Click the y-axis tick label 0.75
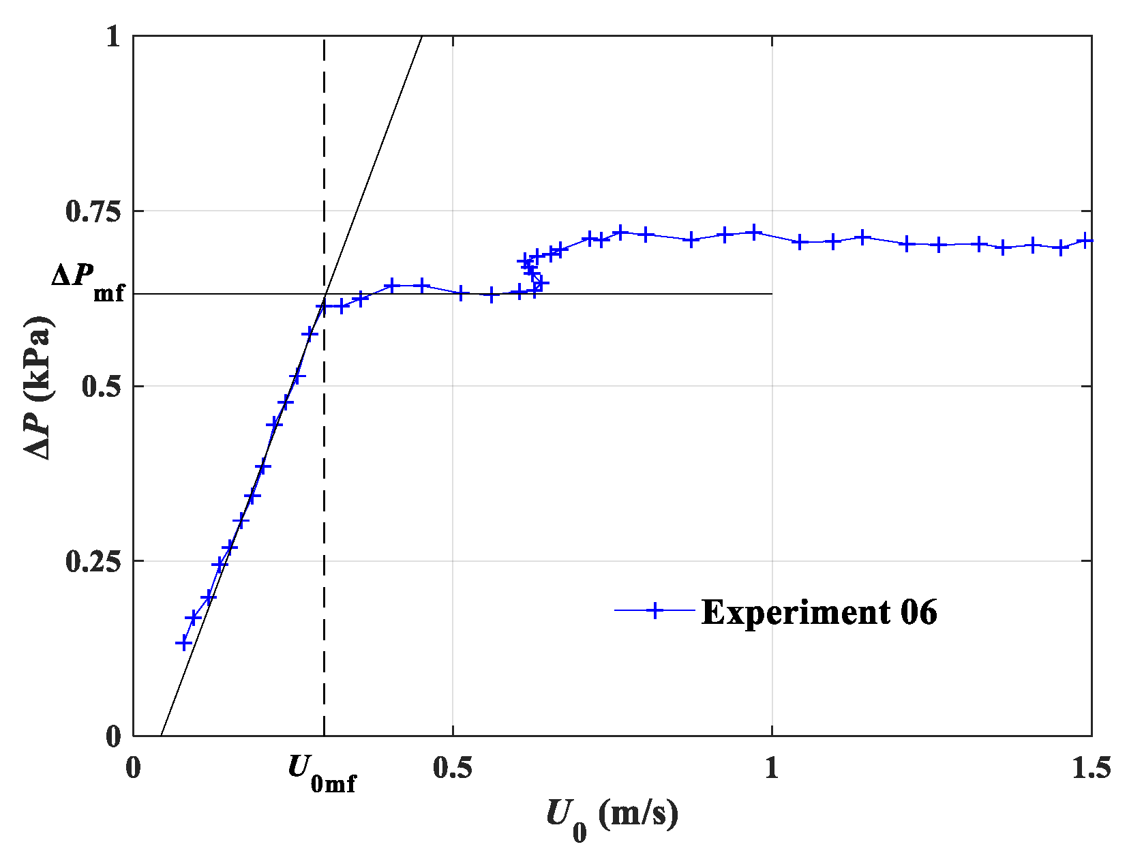tap(93, 212)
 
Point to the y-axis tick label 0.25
tap(93, 562)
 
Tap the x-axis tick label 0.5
tap(452, 768)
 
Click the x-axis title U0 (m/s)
tap(612, 817)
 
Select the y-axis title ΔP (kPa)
tap(39, 387)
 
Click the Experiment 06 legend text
tap(819, 612)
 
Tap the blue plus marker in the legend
tap(654, 610)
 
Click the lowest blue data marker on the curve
tap(183, 643)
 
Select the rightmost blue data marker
tap(1085, 241)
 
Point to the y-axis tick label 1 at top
tap(113, 37)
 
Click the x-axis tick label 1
tap(771, 768)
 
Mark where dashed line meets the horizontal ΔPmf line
tap(324, 294)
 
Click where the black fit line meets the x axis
tap(161, 736)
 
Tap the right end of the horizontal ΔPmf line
tap(772, 294)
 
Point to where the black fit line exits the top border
tap(422, 35)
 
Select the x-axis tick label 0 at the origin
tap(133, 768)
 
